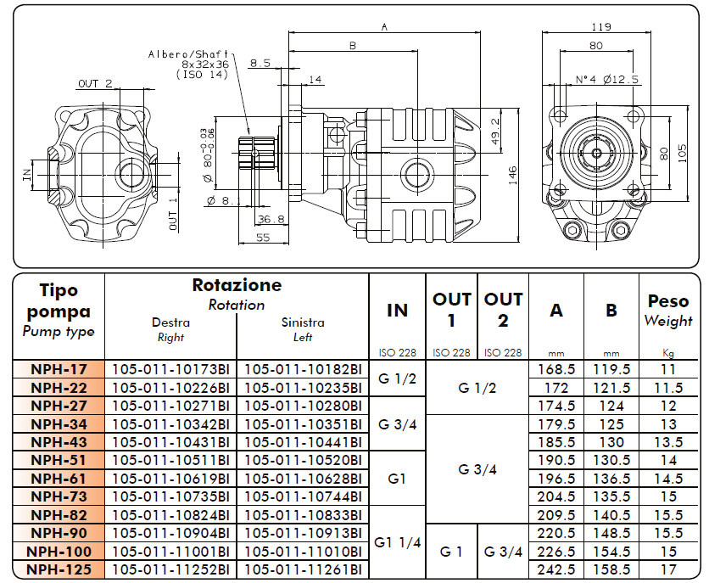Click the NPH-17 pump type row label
pyautogui.click(x=59, y=370)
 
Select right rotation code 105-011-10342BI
pyautogui.click(x=170, y=423)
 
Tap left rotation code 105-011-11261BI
pyautogui.click(x=303, y=569)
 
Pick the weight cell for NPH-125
pyautogui.click(x=667, y=569)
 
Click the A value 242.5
pyautogui.click(x=555, y=569)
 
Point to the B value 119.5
pyautogui.click(x=611, y=370)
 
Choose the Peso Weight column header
pyautogui.click(x=668, y=311)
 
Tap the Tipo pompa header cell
pyautogui.click(x=59, y=311)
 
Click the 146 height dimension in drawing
pyautogui.click(x=512, y=174)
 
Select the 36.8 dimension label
pyautogui.click(x=271, y=218)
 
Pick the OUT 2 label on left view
pyautogui.click(x=95, y=83)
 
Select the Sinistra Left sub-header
pyautogui.click(x=303, y=329)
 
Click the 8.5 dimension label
pyautogui.click(x=260, y=62)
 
